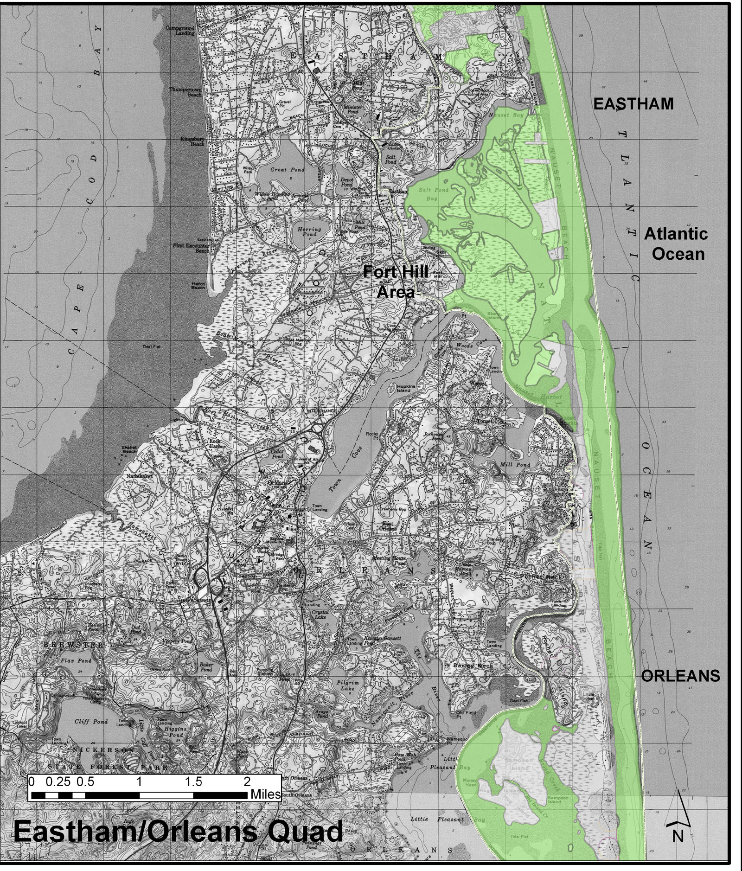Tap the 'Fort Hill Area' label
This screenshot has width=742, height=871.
tap(396, 282)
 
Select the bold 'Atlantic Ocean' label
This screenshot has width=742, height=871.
tap(677, 243)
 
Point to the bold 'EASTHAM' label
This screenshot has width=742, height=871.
tap(633, 103)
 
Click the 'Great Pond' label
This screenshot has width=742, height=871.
tap(288, 170)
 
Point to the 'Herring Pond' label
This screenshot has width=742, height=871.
tap(309, 231)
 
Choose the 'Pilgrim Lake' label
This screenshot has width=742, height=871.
tap(348, 685)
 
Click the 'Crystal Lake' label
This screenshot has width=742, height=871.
tap(319, 615)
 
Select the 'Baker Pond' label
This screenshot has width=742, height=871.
tap(206, 667)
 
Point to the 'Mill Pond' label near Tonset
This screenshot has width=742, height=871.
tap(515, 464)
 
